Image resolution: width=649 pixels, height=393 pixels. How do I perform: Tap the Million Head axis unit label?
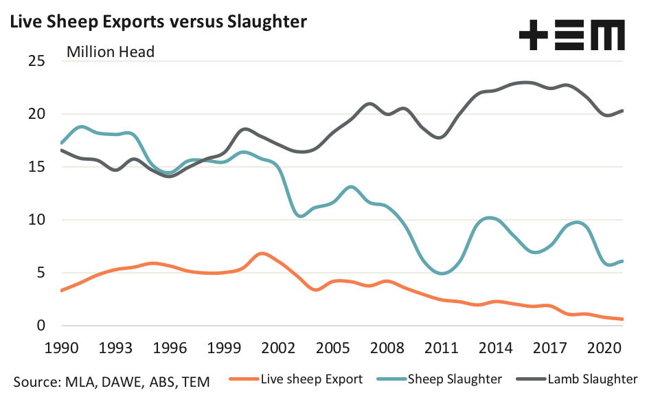[110, 52]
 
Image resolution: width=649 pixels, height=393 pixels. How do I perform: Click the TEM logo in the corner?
[571, 35]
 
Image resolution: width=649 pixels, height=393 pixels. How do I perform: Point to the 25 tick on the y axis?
[36, 61]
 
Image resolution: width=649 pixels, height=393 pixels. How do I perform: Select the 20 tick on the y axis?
[36, 114]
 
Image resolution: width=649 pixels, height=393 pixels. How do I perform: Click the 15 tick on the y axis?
[36, 167]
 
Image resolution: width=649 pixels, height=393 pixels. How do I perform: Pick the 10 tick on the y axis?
[36, 220]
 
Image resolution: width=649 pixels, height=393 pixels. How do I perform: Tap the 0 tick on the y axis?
[41, 326]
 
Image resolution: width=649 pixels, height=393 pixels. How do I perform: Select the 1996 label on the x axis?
[169, 346]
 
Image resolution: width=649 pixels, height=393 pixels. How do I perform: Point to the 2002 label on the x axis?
[277, 346]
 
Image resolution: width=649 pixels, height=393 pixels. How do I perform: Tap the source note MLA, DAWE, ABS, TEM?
[111, 380]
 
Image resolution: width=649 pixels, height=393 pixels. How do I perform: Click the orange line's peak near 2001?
[262, 254]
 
